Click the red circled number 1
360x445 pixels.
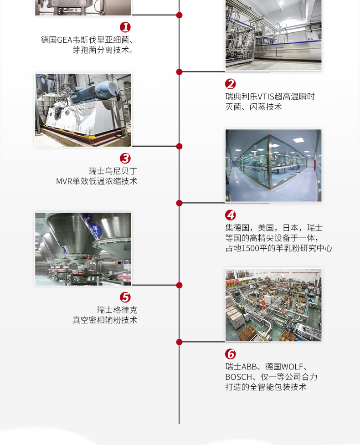pyautogui.click(x=125, y=27)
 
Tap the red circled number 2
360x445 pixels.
pyautogui.click(x=231, y=84)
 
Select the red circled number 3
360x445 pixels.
pyautogui.click(x=125, y=159)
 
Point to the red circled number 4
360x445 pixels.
pyautogui.click(x=231, y=215)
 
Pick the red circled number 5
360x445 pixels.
pyautogui.click(x=125, y=297)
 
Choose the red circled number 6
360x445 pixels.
pyautogui.click(x=231, y=354)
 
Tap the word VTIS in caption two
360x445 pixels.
pyautogui.click(x=267, y=97)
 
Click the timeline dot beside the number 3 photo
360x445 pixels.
pyautogui.click(x=179, y=146)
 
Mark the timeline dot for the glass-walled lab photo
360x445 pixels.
pyautogui.click(x=179, y=203)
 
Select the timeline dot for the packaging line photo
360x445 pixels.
pyautogui.click(x=179, y=342)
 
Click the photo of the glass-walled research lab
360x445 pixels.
pyautogui.click(x=273, y=165)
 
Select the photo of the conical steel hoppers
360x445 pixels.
pyautogui.click(x=83, y=249)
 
